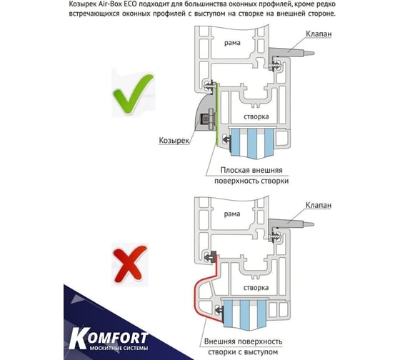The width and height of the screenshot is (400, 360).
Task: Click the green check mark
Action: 133,94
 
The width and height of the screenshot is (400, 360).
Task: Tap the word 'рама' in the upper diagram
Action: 232,43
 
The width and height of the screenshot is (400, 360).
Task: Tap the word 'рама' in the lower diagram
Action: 232,214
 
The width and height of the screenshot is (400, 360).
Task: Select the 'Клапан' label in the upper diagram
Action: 319,34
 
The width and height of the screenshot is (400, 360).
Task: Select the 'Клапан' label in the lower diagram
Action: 319,205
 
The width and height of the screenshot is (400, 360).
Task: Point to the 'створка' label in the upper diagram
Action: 256,116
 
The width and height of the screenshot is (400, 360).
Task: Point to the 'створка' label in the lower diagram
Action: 256,288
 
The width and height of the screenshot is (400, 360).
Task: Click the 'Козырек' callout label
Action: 174,140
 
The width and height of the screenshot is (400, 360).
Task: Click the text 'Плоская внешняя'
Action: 251,170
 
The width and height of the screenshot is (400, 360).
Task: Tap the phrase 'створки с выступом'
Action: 243,352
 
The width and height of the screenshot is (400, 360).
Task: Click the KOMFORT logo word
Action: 109,338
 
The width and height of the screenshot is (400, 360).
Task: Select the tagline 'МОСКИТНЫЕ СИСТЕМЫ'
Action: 119,349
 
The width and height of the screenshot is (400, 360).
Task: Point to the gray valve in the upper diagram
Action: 291,52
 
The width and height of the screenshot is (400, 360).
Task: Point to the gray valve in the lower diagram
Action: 291,224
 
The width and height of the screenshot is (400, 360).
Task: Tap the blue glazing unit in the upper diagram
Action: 252,142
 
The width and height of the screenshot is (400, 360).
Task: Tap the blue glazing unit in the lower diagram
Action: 245,313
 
